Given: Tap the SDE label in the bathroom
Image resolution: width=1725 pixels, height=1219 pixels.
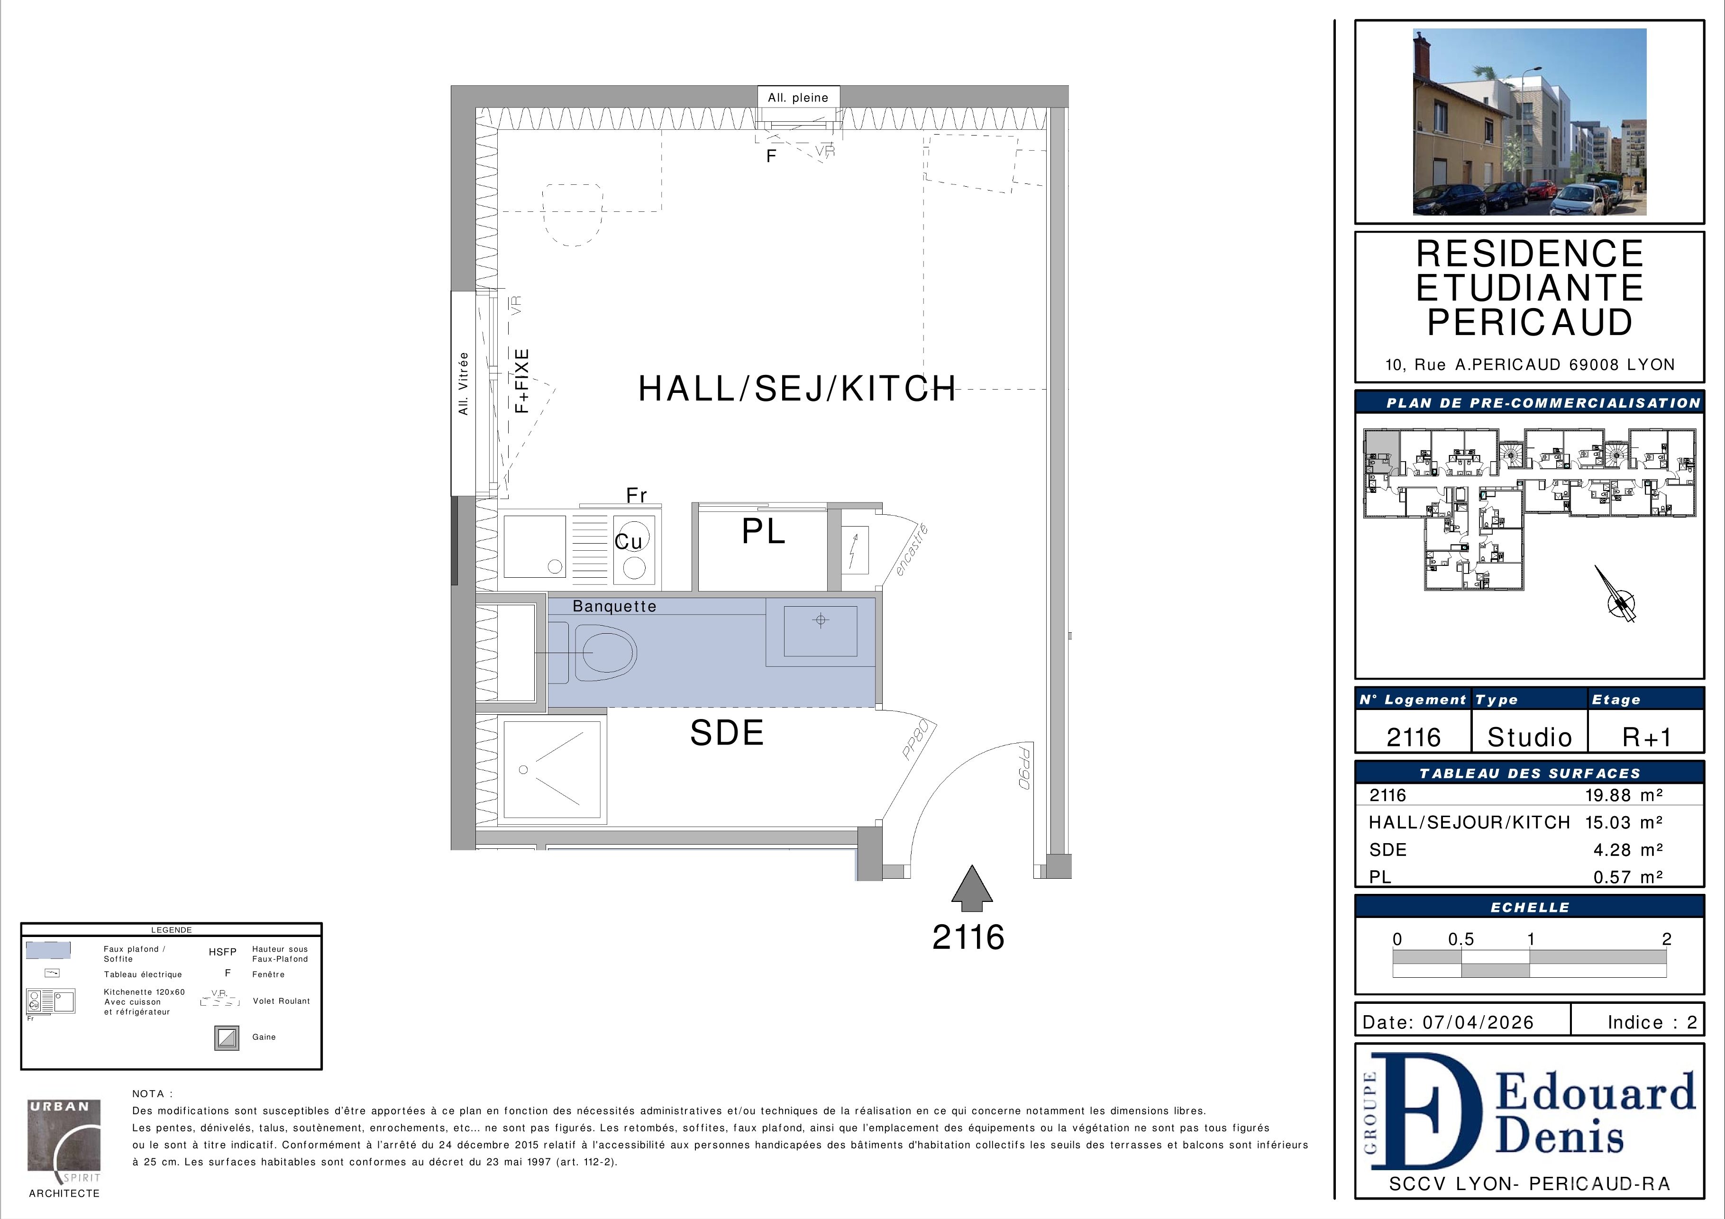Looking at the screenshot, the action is tap(727, 733).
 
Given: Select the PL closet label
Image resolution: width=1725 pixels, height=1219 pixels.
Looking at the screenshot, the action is tap(763, 532).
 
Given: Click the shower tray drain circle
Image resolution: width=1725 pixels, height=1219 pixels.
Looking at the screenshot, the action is tap(524, 770).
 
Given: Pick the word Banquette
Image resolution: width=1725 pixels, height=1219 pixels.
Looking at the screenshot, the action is tap(614, 606).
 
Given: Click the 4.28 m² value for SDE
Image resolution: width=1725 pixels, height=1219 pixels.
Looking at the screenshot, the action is tap(1628, 849).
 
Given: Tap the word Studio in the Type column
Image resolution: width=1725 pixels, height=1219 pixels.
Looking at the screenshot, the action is tap(1530, 737).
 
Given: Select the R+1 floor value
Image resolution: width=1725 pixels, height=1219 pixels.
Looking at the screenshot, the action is tap(1647, 737).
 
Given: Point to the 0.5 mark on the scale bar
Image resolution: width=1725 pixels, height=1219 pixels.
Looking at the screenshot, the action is tap(1461, 939).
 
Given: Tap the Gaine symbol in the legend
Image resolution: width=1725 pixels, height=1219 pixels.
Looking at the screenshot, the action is tap(227, 1038).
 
